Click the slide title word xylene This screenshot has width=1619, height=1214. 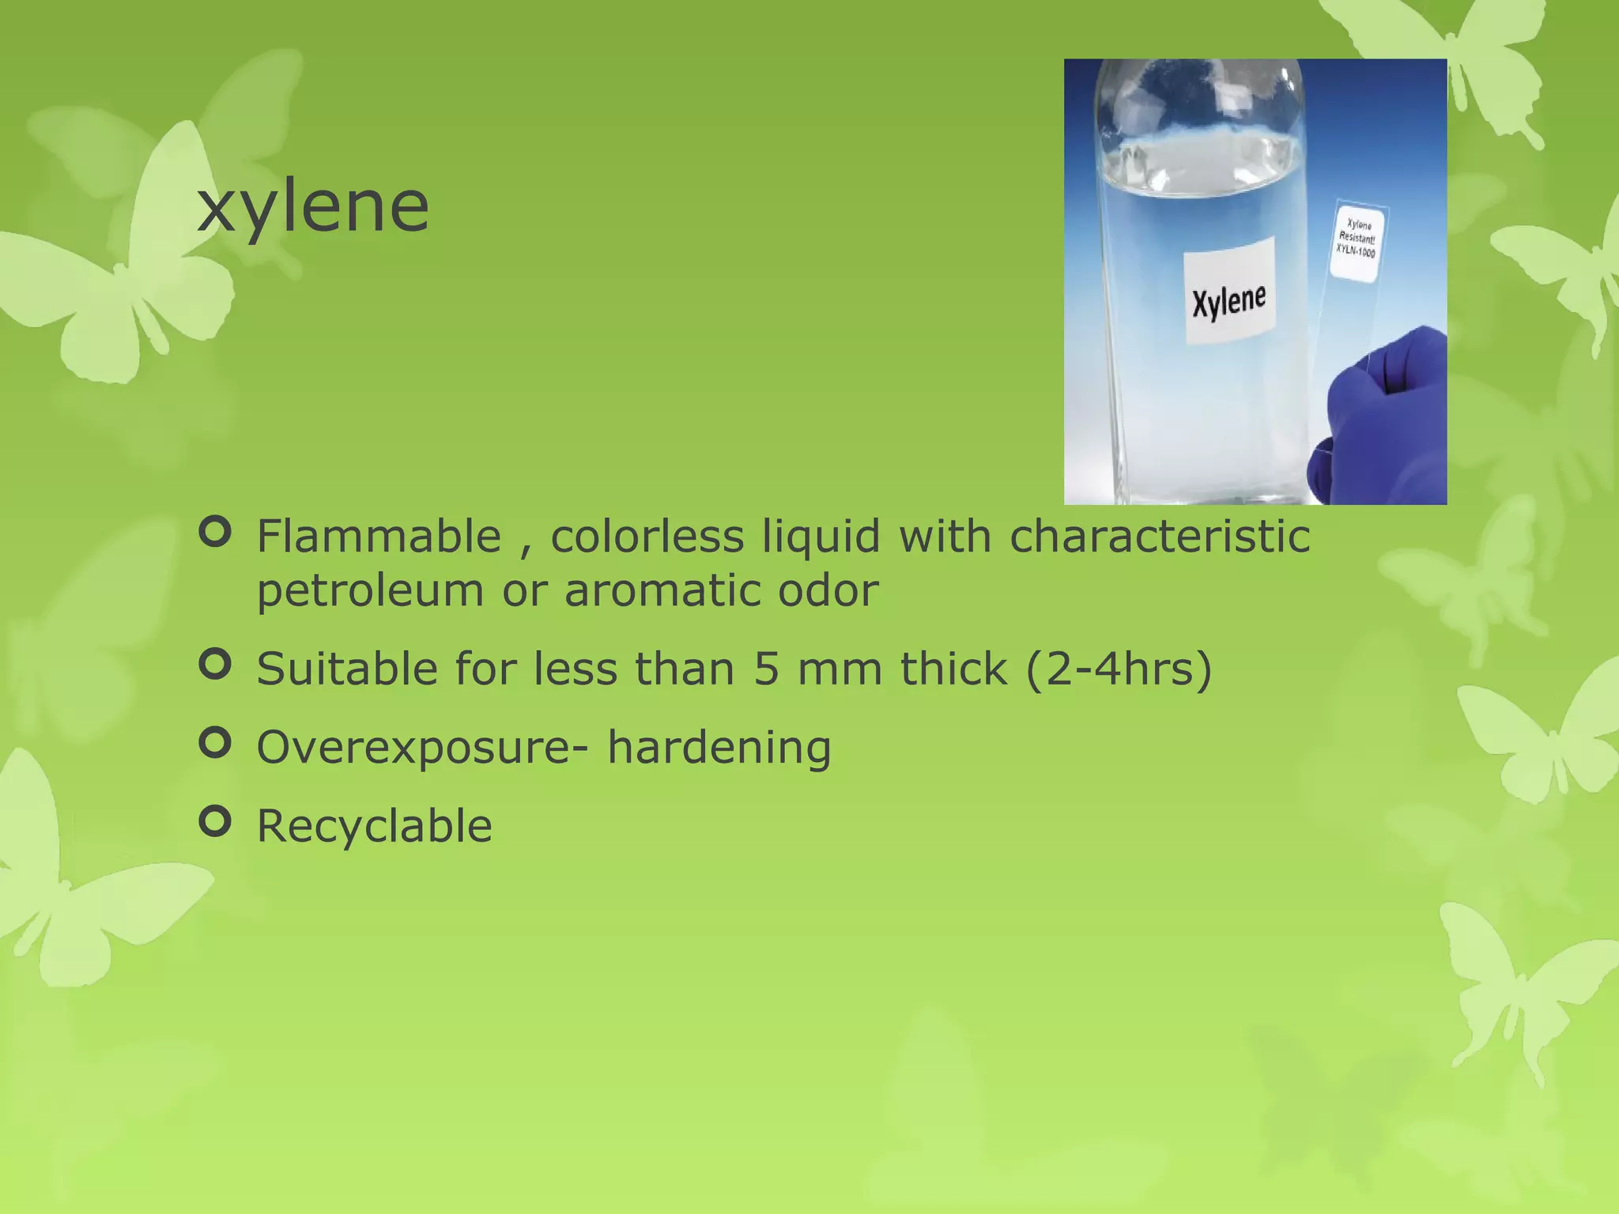coord(313,208)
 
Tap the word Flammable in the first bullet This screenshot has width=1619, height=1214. coord(379,537)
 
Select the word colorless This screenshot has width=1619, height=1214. coord(647,537)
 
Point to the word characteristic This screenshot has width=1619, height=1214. coord(1160,537)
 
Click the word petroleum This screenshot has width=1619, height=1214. coord(370,590)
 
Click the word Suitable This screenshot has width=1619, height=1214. coord(347,669)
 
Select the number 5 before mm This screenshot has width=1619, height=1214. coord(766,669)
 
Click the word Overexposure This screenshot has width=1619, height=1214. coord(412,748)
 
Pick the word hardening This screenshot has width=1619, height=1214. coord(719,748)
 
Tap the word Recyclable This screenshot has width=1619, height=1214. coord(374,827)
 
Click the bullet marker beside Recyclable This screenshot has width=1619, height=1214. coord(215,821)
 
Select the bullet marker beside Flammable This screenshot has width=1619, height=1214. coord(215,532)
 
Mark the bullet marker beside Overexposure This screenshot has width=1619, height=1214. coord(215,742)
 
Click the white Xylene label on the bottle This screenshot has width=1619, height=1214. coord(1229,291)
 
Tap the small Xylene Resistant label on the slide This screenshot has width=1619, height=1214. coord(1357,239)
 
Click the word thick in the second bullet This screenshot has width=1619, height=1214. coord(953,669)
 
